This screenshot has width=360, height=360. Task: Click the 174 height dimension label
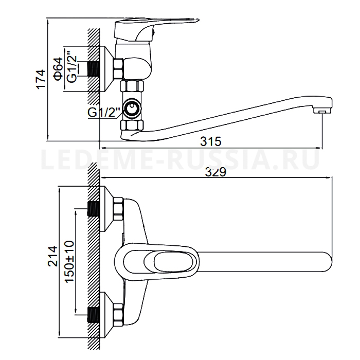click(x=41, y=79)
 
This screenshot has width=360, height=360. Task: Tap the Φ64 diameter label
click(x=58, y=69)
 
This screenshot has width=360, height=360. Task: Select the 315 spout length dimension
click(x=211, y=141)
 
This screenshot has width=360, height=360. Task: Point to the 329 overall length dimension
click(x=215, y=172)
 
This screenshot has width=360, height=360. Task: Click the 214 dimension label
click(x=52, y=256)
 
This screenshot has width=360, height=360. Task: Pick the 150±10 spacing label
click(x=69, y=262)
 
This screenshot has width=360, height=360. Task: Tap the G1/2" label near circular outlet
click(x=104, y=112)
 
